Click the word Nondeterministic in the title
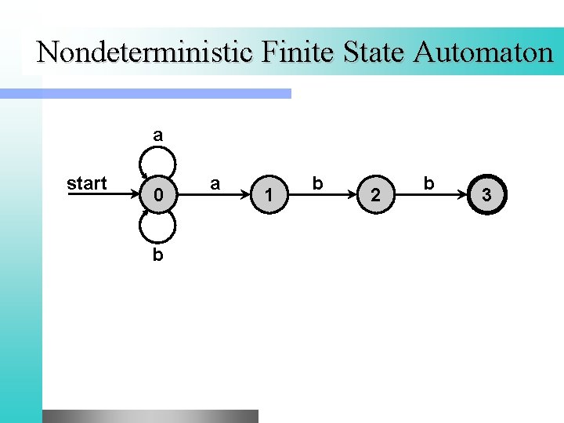tap(146, 52)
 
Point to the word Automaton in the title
tap(483, 52)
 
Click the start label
tap(87, 183)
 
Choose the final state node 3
tap(486, 194)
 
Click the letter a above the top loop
tap(158, 135)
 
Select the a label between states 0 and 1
tap(215, 183)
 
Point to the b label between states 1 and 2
tap(317, 183)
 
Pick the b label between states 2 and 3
tap(428, 183)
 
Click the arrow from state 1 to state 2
tap(323, 194)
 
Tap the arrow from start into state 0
tap(102, 194)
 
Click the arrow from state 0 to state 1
tap(214, 194)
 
